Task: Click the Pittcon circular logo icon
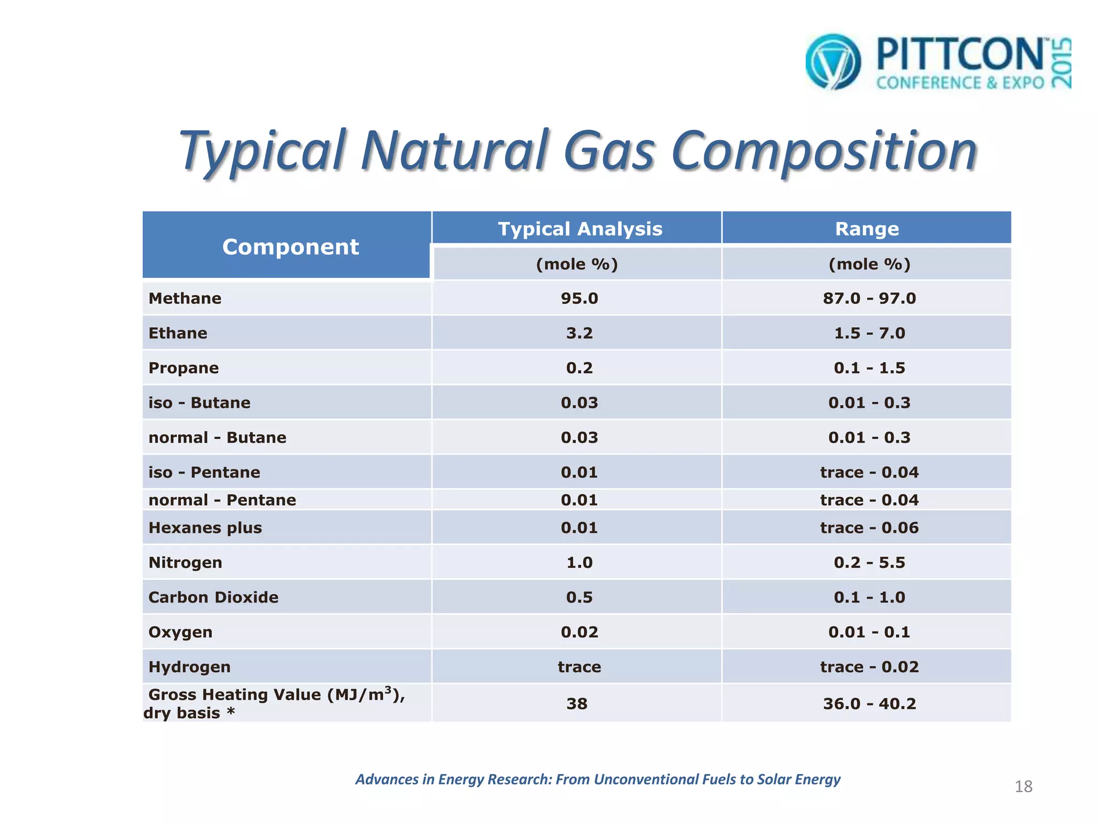pos(833,62)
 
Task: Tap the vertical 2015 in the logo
pos(1061,62)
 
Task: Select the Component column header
pos(290,247)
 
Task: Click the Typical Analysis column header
pos(580,229)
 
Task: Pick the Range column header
pos(867,229)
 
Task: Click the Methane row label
pos(185,298)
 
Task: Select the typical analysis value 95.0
pos(580,298)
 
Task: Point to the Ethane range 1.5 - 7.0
pos(869,333)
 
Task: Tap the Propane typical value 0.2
pos(580,368)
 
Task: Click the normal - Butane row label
pos(217,438)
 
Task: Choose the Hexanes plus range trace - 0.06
pos(869,528)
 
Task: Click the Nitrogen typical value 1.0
pos(580,563)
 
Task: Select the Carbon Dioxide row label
pos(214,598)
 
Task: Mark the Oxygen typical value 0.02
pos(580,632)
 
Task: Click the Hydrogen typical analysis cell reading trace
pos(580,667)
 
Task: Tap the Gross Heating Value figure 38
pos(577,704)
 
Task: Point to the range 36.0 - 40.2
pos(869,704)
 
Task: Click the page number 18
pos(1023,786)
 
